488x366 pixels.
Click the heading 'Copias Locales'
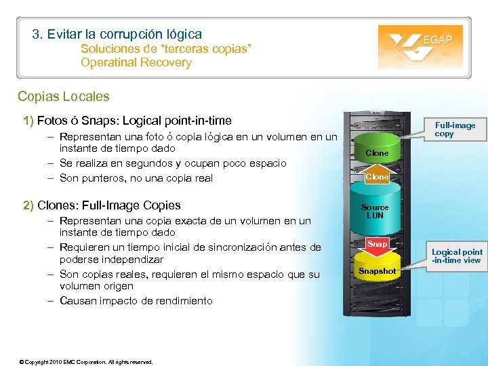64,97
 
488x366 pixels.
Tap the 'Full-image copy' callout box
455,129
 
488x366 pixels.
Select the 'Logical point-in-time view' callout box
457,256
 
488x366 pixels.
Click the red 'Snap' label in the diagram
378,243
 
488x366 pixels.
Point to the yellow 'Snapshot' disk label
378,271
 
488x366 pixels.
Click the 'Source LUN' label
375,211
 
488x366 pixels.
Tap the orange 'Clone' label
378,177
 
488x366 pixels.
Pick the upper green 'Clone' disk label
378,153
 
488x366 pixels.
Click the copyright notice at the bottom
87,361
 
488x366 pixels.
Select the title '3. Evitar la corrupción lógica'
117,34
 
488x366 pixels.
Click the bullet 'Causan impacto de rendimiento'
136,301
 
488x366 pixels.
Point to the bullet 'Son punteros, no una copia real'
136,178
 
